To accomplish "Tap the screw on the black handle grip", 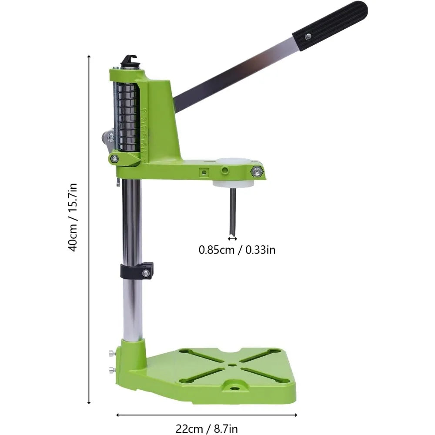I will (308, 37).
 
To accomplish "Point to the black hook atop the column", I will (129, 60).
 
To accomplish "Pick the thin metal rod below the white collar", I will (232, 211).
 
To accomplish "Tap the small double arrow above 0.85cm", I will (232, 238).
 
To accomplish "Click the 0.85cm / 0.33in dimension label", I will (237, 250).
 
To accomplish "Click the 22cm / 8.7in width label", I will (207, 428).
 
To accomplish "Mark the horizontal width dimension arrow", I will (207, 415).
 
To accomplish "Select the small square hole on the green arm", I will (203, 172).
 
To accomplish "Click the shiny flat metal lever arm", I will (235, 73).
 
